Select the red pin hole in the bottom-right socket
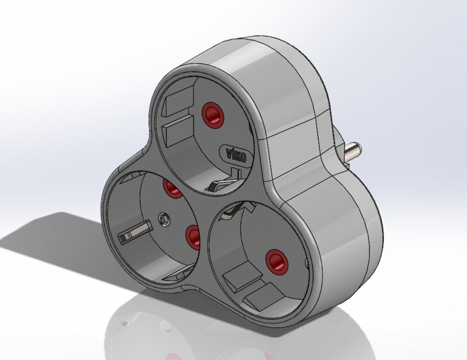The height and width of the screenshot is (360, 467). click(x=276, y=260)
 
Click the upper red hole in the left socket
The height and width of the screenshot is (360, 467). click(x=172, y=188)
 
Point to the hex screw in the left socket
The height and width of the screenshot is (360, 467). click(x=164, y=217)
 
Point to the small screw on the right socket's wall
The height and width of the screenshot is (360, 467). click(x=307, y=262)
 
